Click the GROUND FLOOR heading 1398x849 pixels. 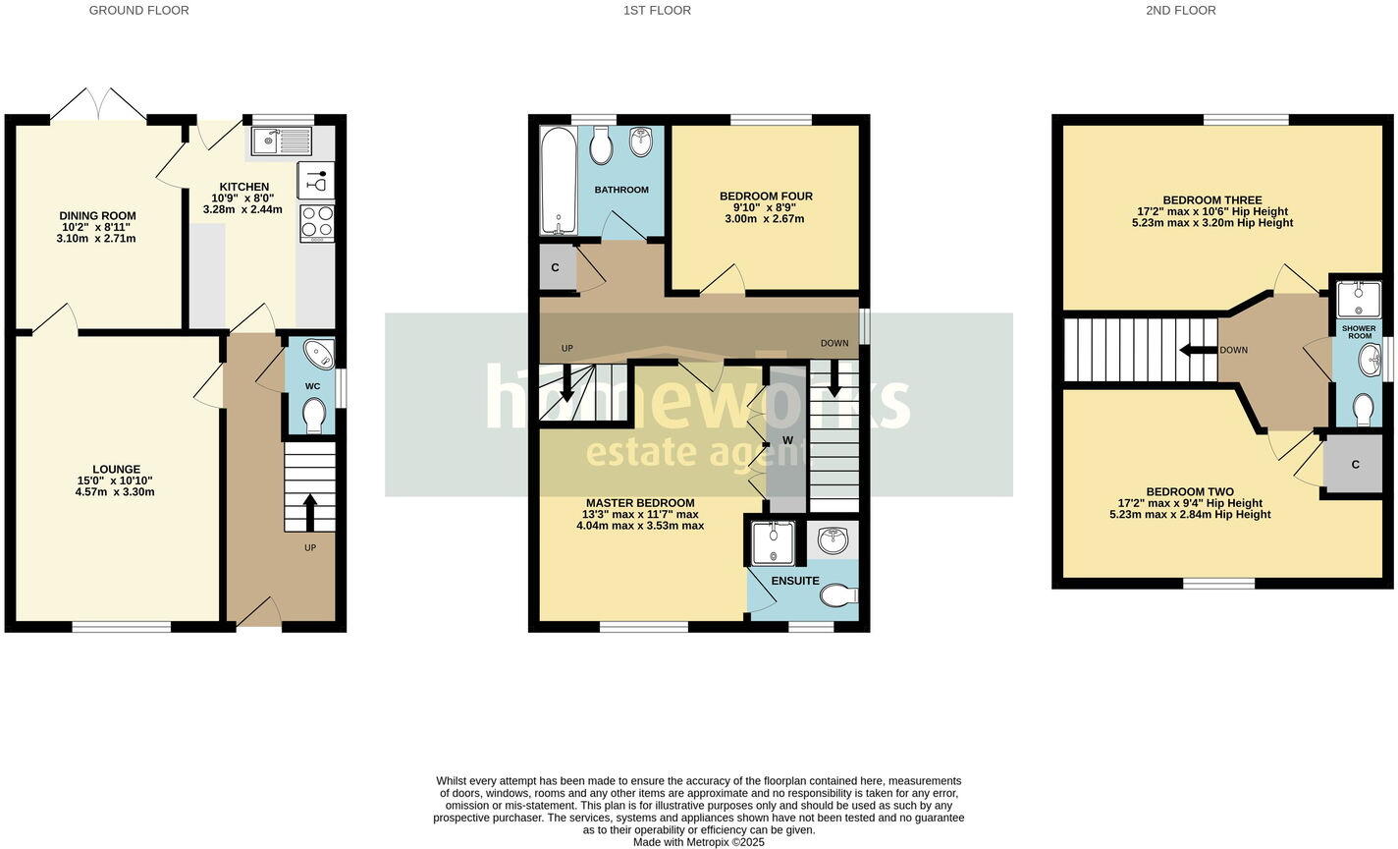[138, 11]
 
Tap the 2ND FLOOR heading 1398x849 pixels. [1180, 11]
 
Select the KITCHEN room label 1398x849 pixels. [243, 187]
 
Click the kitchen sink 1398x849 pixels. [281, 141]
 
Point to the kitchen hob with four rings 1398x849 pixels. [316, 222]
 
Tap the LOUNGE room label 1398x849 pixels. [116, 470]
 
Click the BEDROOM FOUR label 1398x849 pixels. [766, 197]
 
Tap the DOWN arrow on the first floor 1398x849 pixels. [833, 378]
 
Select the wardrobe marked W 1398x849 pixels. [786, 439]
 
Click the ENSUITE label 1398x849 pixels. [794, 581]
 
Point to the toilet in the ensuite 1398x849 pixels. [839, 595]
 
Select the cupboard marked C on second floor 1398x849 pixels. [1354, 464]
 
